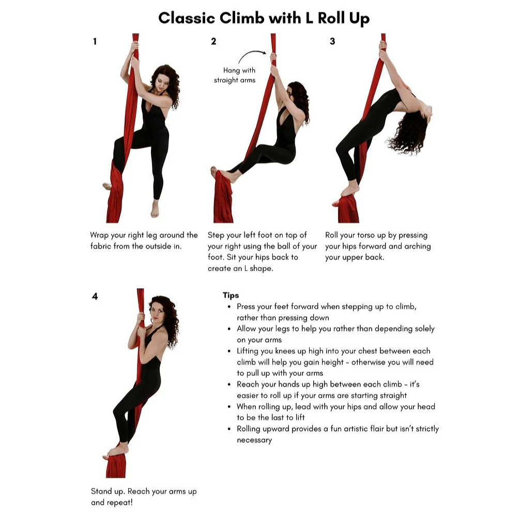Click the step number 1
coord(95,42)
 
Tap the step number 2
coord(213,42)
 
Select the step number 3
coord(332,42)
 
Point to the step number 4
coord(95,297)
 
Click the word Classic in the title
coord(187,18)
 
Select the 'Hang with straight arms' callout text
coord(236,75)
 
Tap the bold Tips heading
coord(231,295)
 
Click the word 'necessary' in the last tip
coord(254,440)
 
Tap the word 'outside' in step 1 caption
coord(153,246)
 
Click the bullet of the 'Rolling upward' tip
coord(229,429)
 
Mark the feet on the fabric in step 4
coord(118,450)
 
